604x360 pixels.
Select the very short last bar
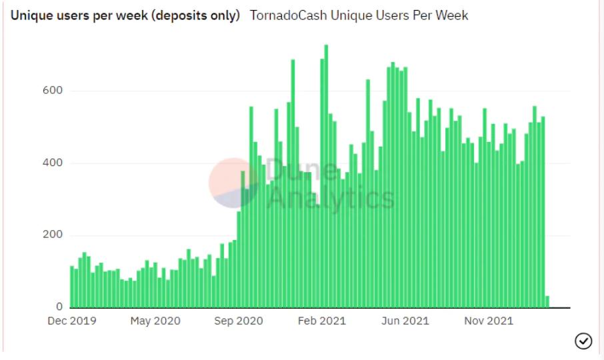tap(548, 302)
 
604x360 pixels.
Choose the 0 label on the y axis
tap(59, 307)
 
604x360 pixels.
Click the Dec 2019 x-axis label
tap(72, 321)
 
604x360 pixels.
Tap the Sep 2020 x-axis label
tap(239, 321)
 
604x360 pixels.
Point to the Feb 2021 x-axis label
tap(322, 321)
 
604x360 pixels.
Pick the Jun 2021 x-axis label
tap(405, 321)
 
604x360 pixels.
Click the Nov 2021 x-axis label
tap(489, 321)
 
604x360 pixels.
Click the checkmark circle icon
tap(583, 341)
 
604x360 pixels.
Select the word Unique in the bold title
tap(27, 15)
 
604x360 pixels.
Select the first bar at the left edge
tap(72, 287)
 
